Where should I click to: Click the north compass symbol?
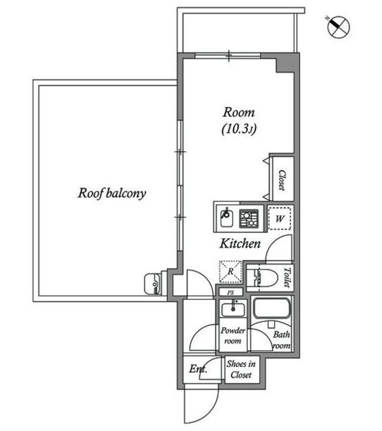coord(338,27)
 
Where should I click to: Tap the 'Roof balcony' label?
coord(112,193)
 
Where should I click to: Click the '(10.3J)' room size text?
coord(239,129)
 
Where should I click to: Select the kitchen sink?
coord(226,218)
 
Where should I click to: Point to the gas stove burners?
coord(249,219)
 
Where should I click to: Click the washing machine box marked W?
coord(280,218)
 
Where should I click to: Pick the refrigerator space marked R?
coord(230,271)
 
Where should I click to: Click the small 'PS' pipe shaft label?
coord(230,292)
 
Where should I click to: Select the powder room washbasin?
coord(233,309)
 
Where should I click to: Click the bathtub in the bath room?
coord(272,308)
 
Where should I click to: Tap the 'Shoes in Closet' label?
coord(241,369)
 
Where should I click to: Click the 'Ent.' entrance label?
coord(198,368)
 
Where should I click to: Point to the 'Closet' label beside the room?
coord(282,180)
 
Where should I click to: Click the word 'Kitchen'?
coord(240,244)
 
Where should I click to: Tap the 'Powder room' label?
coord(232,335)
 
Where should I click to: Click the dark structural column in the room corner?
coord(286,63)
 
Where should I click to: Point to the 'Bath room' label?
coord(282,340)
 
